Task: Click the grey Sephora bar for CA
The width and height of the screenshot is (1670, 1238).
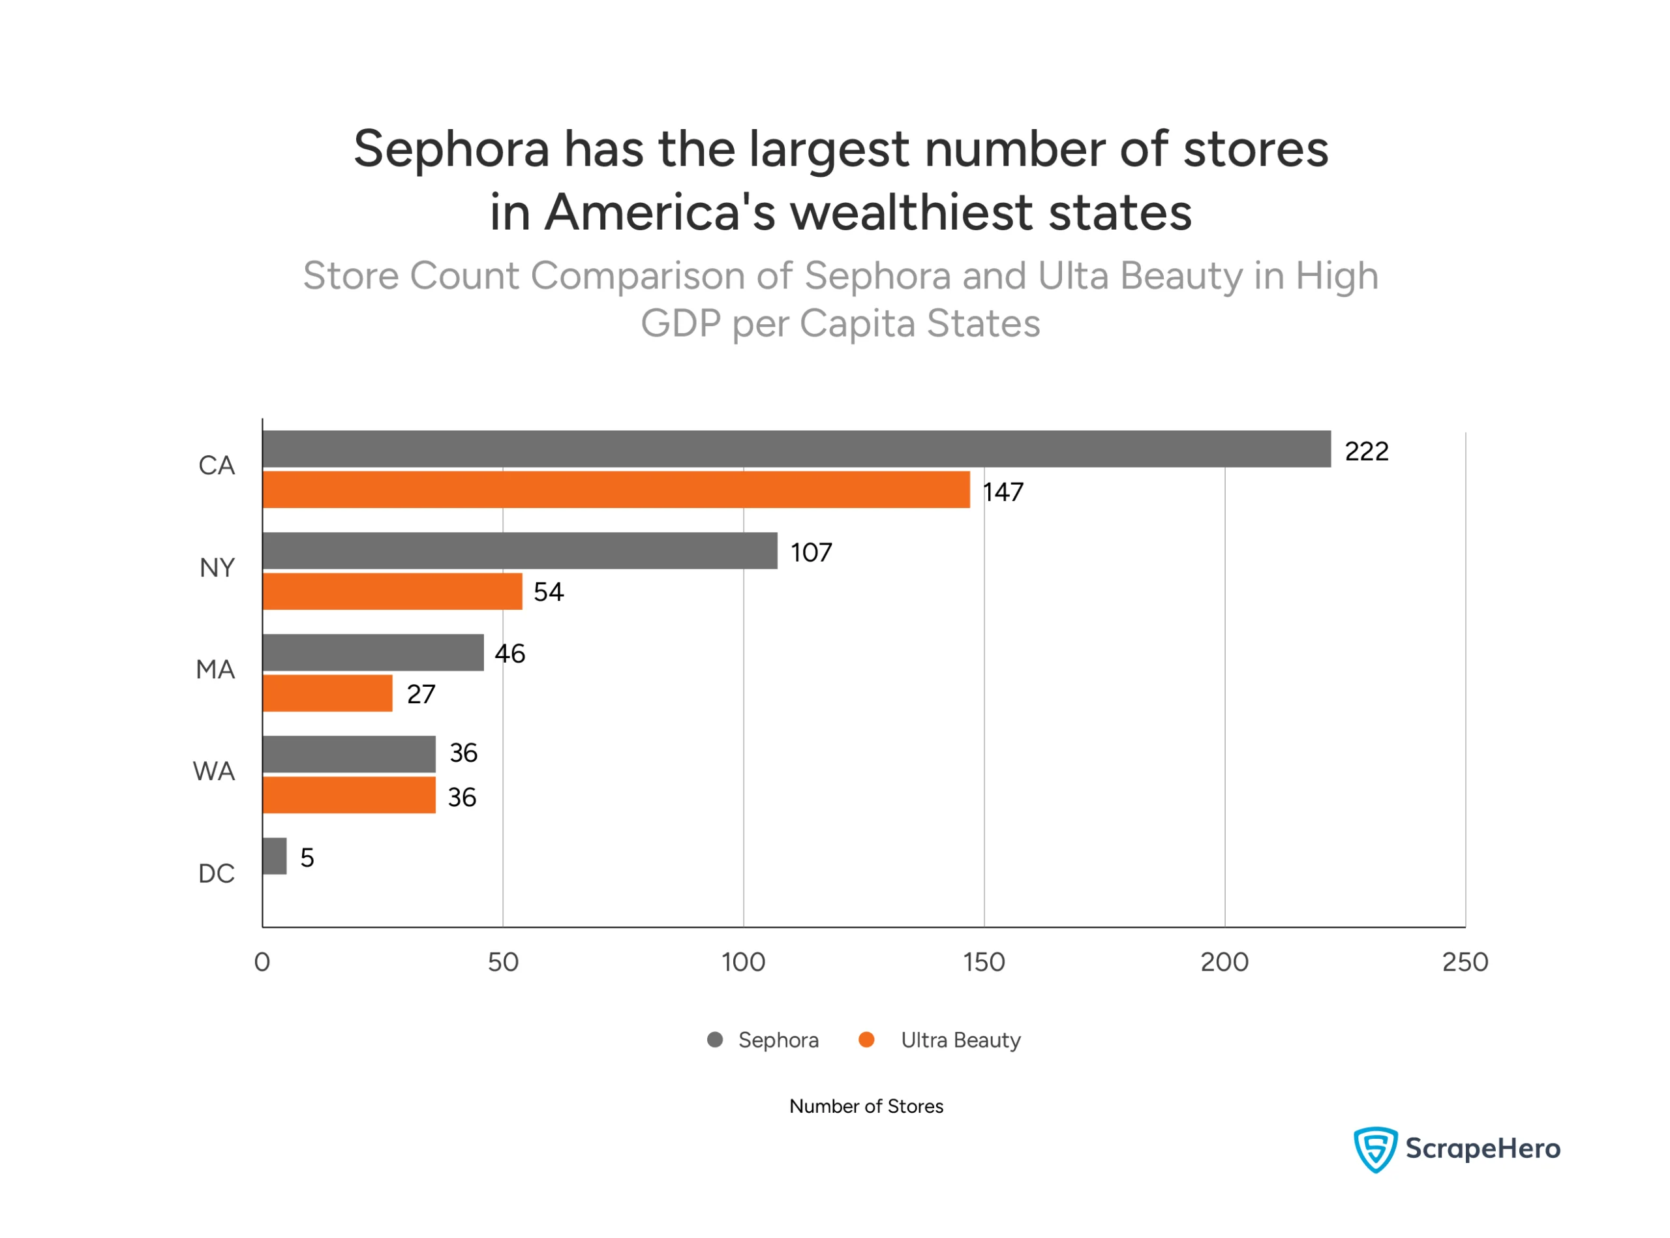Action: click(796, 449)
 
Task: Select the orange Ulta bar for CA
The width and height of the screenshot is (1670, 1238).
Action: click(616, 489)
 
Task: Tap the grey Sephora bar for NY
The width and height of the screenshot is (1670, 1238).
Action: click(519, 551)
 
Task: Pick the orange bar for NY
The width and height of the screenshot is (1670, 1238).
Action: click(392, 591)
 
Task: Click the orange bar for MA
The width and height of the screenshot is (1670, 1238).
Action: click(327, 693)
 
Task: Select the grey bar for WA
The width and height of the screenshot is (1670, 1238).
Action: click(348, 754)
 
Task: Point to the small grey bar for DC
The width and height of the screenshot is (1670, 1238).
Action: click(275, 856)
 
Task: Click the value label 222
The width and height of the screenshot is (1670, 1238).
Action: click(1366, 451)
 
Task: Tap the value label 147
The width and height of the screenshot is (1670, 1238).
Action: click(1003, 492)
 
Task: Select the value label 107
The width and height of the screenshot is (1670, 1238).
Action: click(811, 553)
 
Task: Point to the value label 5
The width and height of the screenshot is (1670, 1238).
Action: click(307, 857)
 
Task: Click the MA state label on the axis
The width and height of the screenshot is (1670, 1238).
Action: click(215, 669)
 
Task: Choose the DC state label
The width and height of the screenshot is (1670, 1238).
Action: click(216, 873)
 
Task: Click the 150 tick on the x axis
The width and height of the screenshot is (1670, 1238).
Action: click(984, 962)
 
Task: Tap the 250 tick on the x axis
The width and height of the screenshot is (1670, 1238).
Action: click(1465, 962)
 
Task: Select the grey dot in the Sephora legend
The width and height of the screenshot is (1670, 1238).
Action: click(715, 1040)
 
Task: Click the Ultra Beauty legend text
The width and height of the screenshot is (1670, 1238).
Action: click(960, 1040)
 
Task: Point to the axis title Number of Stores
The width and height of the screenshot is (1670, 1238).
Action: click(866, 1106)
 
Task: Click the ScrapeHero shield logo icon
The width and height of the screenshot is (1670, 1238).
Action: click(1374, 1149)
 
